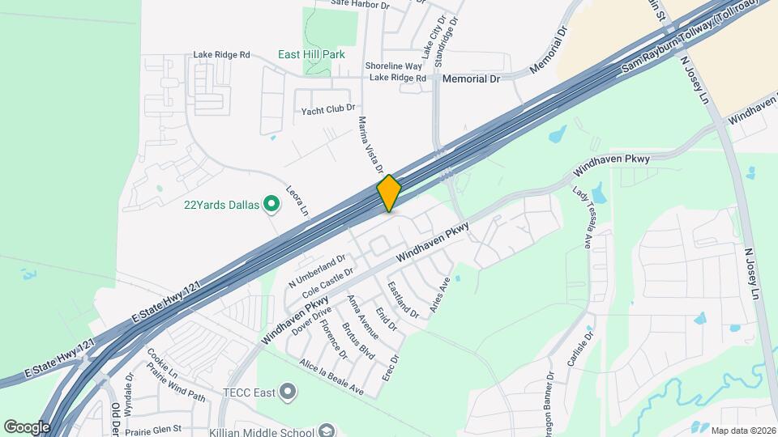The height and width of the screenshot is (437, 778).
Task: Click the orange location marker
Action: click(389, 193)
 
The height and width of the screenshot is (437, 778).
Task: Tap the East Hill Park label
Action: click(311, 55)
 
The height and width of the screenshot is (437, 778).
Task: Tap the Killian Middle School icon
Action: click(327, 430)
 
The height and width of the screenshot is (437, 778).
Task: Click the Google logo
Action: click(27, 426)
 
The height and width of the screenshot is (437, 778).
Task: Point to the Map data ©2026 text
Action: click(742, 430)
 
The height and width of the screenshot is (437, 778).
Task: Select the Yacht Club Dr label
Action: click(328, 109)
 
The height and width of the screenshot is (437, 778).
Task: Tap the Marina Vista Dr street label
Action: click(370, 145)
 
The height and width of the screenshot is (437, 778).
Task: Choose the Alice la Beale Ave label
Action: click(332, 377)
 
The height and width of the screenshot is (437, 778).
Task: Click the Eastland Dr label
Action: click(403, 299)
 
